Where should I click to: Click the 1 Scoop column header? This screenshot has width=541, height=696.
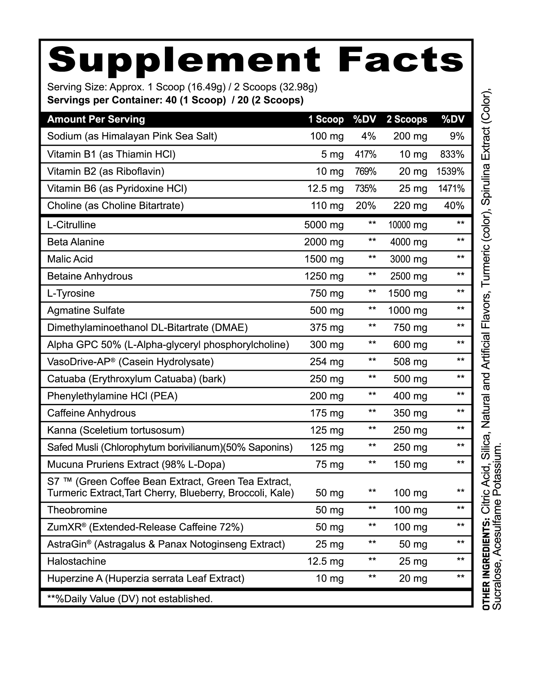326,120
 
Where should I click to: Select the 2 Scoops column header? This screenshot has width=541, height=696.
407,120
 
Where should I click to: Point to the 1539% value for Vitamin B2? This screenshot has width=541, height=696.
450,172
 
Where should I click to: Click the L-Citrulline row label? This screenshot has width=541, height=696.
71,225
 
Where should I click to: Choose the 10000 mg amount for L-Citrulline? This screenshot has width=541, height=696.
408,225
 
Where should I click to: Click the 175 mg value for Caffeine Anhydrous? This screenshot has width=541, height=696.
327,413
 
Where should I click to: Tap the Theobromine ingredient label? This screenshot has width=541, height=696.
77,510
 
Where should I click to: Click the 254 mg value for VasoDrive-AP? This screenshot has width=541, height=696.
327,362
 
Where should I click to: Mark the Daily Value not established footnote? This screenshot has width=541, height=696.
130,599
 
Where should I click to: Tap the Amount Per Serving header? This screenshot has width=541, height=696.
96,120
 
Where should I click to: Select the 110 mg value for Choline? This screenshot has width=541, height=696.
327,206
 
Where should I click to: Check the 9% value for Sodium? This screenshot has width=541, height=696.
457,137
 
